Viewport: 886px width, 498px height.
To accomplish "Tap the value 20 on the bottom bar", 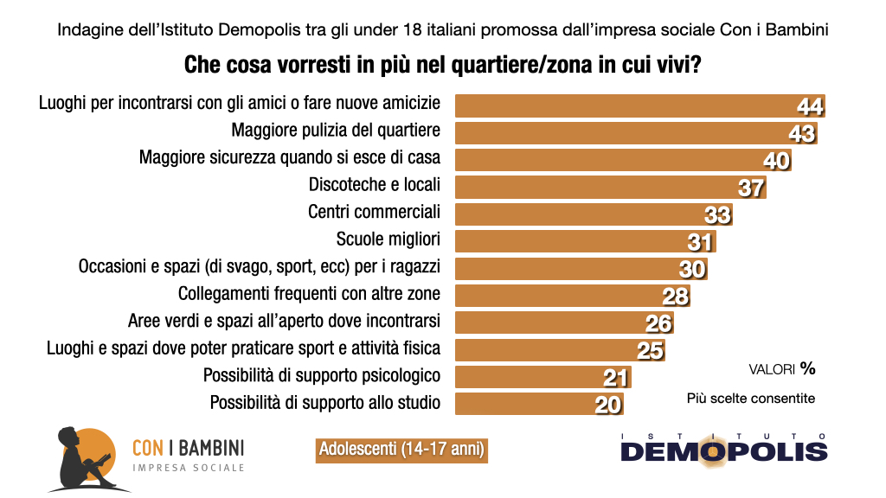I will click(608, 405).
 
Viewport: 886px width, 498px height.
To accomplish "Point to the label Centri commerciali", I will click(374, 212).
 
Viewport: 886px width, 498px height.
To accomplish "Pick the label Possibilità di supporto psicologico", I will click(322, 375).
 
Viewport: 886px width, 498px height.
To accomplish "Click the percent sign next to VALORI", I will click(807, 368).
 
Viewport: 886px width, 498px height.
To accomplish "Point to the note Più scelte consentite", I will click(751, 399).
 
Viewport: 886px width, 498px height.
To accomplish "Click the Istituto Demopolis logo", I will click(723, 448).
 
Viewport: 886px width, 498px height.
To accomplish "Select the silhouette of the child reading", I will click(79, 458).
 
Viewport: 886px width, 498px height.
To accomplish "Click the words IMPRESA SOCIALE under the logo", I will click(188, 468).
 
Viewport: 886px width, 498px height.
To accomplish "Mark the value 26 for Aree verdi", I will click(659, 324).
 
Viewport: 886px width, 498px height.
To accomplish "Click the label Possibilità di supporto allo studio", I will click(325, 402).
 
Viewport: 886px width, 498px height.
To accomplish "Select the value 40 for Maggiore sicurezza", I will click(776, 161).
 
